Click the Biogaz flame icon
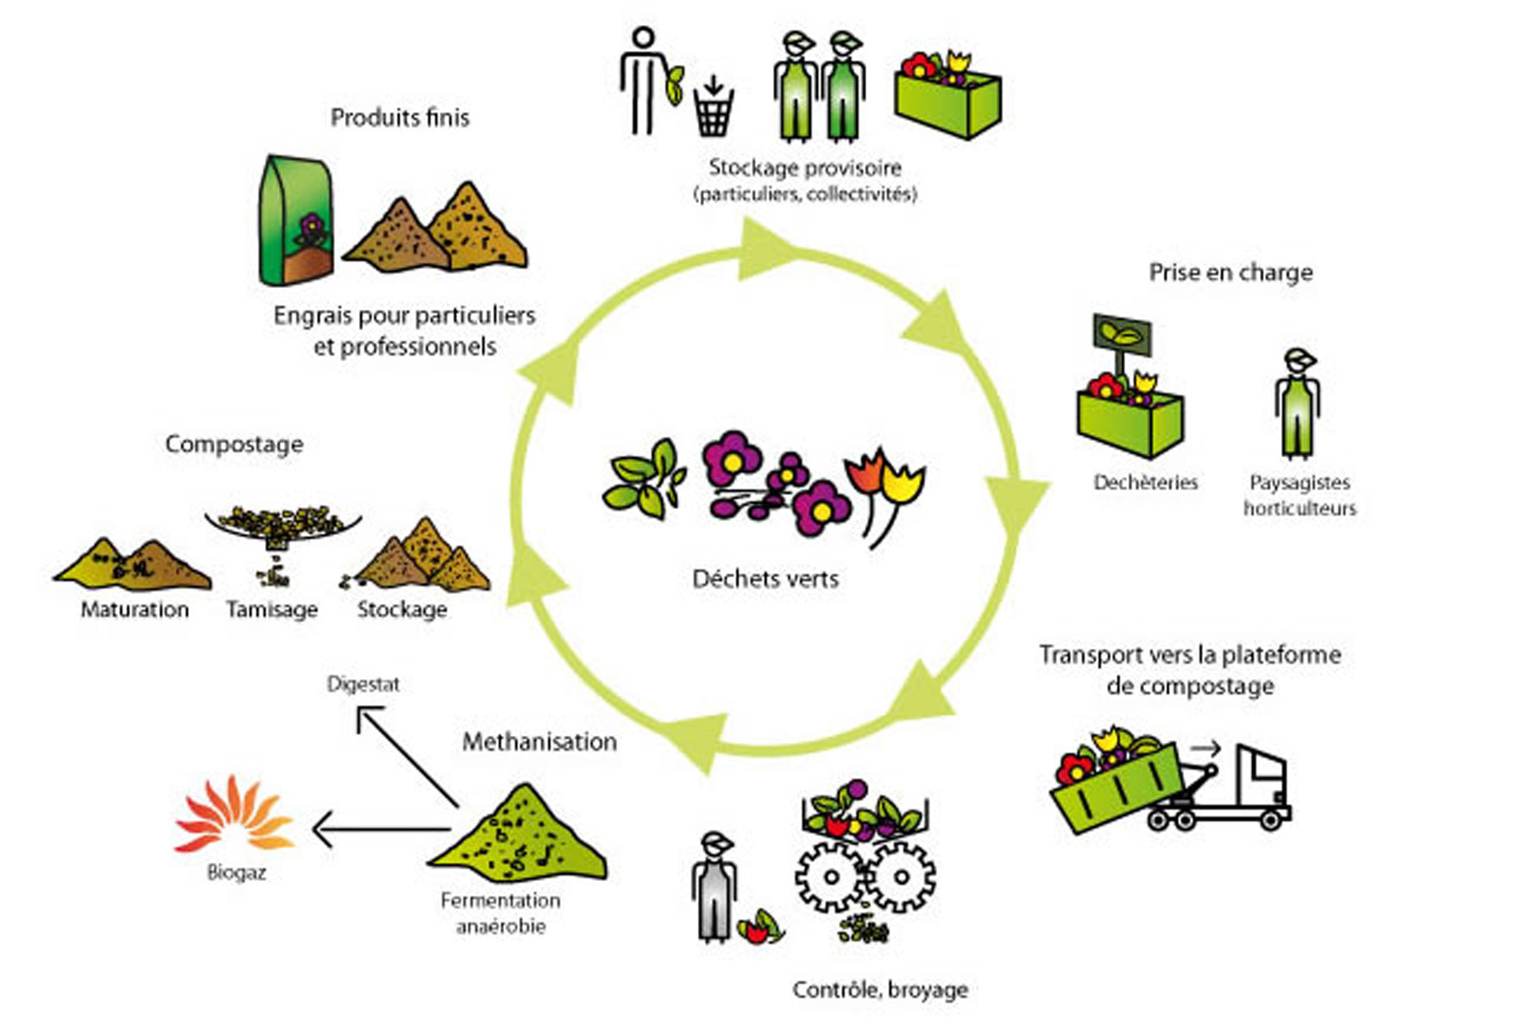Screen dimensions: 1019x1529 [x=235, y=815]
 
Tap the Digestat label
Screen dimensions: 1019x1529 [x=363, y=684]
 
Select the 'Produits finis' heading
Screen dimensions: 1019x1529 [x=400, y=117]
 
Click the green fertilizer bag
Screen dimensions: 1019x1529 [x=295, y=221]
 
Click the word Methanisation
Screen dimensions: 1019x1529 [x=539, y=742]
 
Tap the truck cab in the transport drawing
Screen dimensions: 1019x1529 [x=1261, y=777]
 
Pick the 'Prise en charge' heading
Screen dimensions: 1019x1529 [x=1230, y=273]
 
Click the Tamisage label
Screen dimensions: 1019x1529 [x=272, y=610]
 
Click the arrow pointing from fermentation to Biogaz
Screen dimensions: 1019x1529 [x=380, y=831]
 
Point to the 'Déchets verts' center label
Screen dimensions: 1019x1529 [x=765, y=578]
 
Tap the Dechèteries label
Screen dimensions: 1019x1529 [x=1145, y=482]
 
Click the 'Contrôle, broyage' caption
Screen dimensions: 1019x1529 [x=880, y=990]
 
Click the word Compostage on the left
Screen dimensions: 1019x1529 [x=234, y=444]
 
